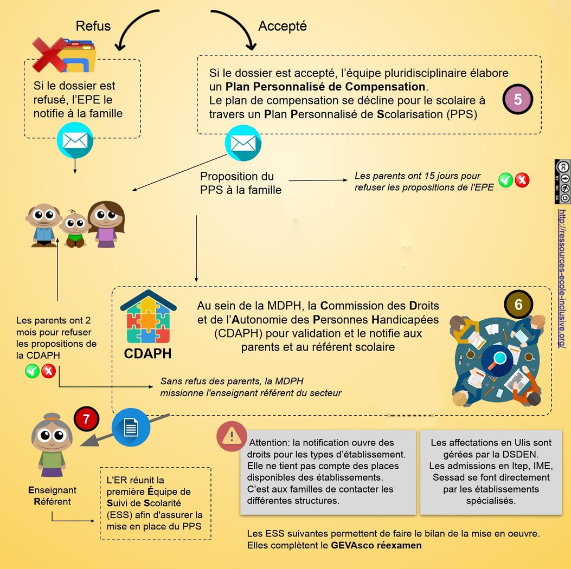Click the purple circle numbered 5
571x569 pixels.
tap(518, 99)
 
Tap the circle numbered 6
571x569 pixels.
tap(518, 305)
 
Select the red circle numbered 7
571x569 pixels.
tap(87, 419)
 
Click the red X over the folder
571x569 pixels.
tap(50, 55)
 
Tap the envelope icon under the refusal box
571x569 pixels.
tap(75, 140)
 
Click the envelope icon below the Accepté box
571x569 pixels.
tap(242, 143)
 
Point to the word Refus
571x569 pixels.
tap(93, 26)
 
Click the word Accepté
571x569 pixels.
tap(283, 26)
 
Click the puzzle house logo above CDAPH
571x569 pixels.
tap(148, 320)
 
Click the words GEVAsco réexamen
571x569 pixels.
tap(376, 545)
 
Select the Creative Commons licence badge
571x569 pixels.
tap(562, 182)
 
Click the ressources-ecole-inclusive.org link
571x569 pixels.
tap(562, 279)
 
